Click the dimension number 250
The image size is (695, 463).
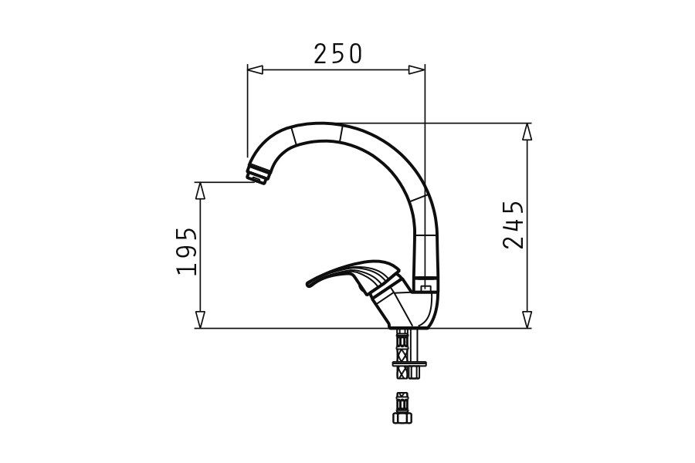point(337,53)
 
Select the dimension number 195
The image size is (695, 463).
point(187,251)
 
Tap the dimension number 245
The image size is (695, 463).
point(514,225)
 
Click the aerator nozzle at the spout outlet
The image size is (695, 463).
point(256,174)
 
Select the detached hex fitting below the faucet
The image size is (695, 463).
point(402,409)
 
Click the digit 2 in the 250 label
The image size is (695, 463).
point(320,53)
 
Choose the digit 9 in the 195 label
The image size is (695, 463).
point(187,251)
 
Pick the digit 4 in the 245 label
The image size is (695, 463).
point(514,225)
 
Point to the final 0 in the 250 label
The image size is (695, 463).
point(354,53)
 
